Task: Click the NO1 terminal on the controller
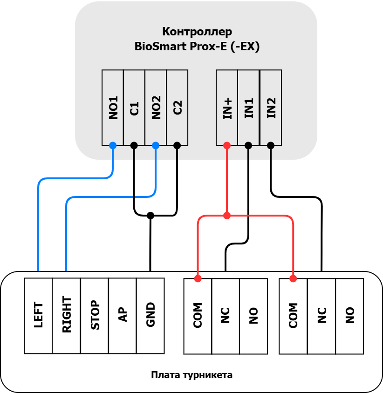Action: [113, 108]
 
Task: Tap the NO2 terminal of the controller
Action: [156, 108]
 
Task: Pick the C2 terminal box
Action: [178, 108]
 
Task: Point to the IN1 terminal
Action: [248, 108]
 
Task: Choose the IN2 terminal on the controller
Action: [271, 108]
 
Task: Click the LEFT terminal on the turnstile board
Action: [38, 316]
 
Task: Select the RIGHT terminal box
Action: [67, 316]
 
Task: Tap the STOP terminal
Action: [95, 316]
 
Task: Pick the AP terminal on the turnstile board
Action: [123, 316]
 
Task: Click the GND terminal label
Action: [150, 316]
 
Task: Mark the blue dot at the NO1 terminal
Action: [113, 145]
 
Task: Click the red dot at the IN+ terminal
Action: [227, 145]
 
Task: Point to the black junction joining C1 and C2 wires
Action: [150, 215]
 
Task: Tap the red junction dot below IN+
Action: [227, 216]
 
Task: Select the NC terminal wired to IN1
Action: [226, 316]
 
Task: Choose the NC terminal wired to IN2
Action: [321, 316]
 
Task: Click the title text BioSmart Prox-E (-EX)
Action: [197, 47]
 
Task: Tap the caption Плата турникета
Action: [191, 375]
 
